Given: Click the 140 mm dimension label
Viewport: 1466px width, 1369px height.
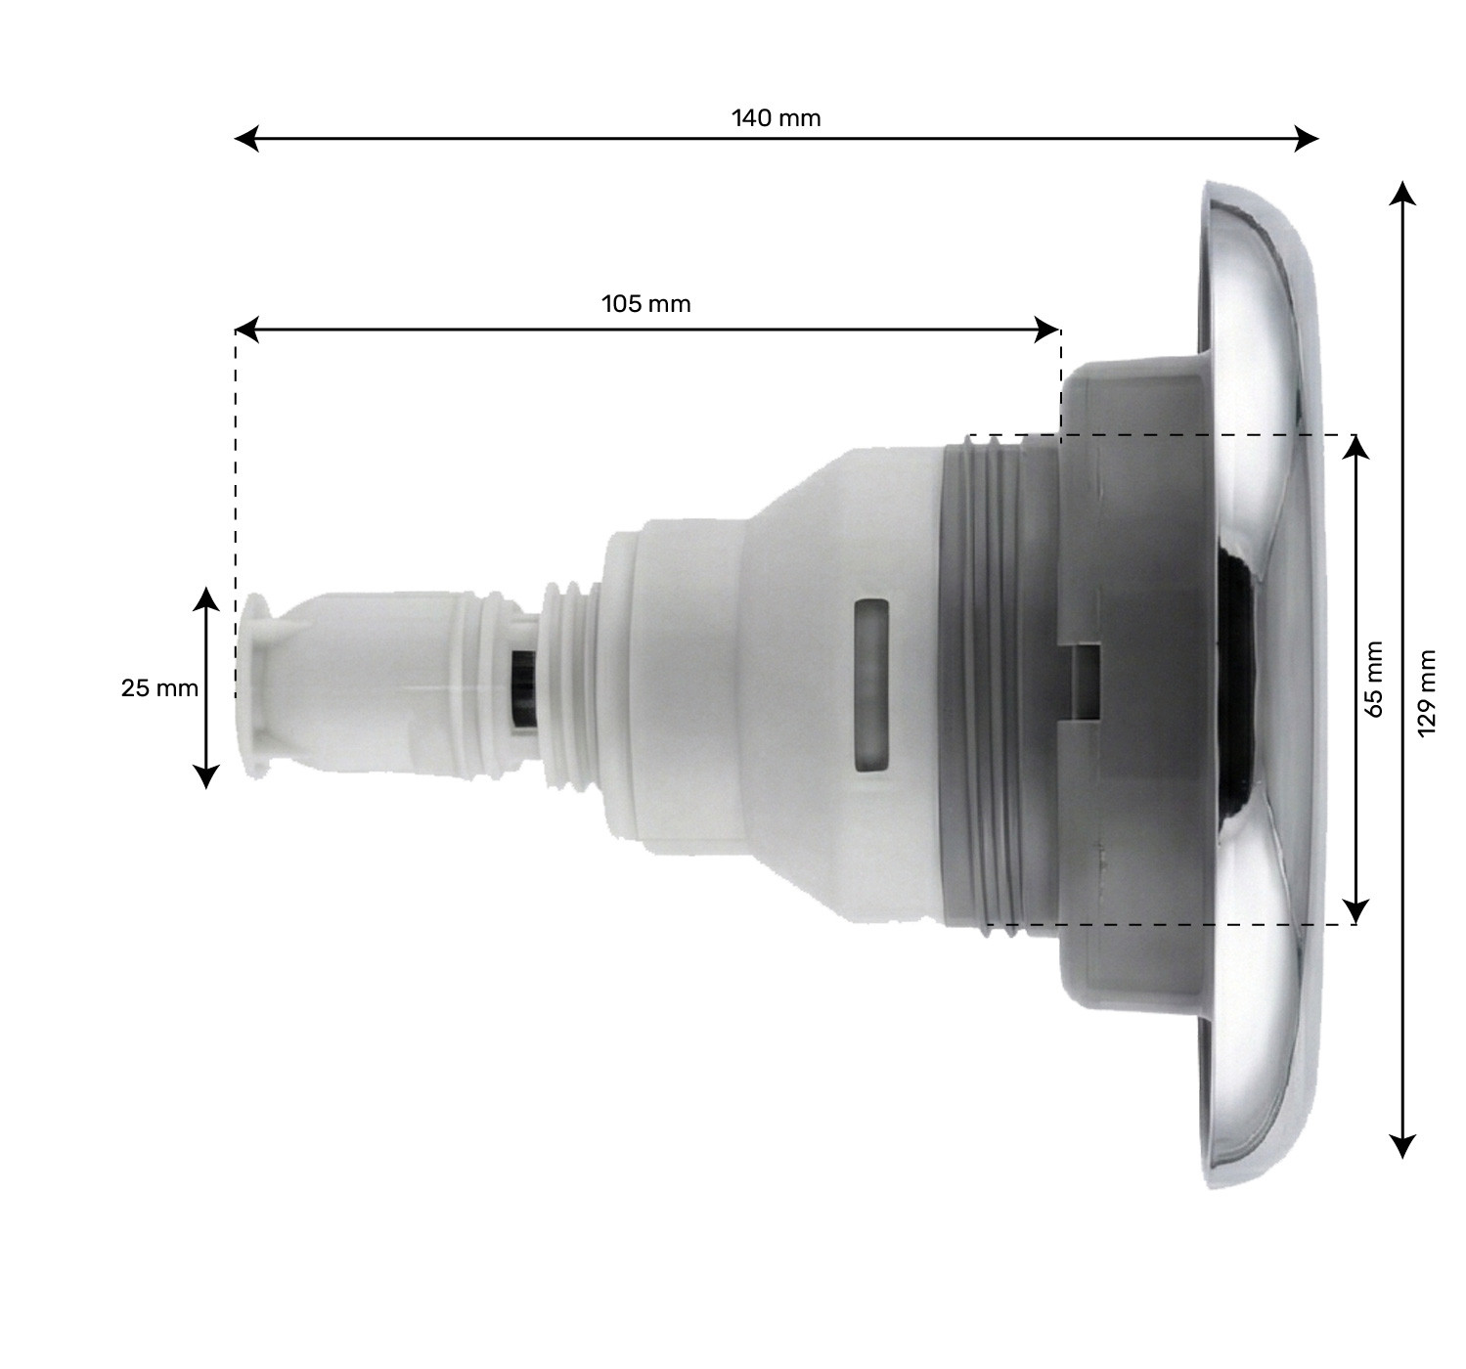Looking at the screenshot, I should [x=777, y=119].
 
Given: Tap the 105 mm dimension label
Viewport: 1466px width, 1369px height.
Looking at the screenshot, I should [x=645, y=304].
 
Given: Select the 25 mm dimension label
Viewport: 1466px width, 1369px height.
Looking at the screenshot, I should [x=159, y=688].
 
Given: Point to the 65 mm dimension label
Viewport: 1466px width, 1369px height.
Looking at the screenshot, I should [x=1374, y=680].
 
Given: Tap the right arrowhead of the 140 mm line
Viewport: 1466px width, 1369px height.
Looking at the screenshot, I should [x=1308, y=139].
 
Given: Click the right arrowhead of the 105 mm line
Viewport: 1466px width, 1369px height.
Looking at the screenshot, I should [x=1049, y=331].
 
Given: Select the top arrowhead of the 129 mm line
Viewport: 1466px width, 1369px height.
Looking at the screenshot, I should [x=1403, y=191].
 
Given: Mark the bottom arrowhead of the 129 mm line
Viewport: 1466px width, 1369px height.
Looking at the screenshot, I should [x=1403, y=1146].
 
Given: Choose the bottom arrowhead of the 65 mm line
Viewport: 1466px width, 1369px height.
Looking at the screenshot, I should [x=1355, y=913].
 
